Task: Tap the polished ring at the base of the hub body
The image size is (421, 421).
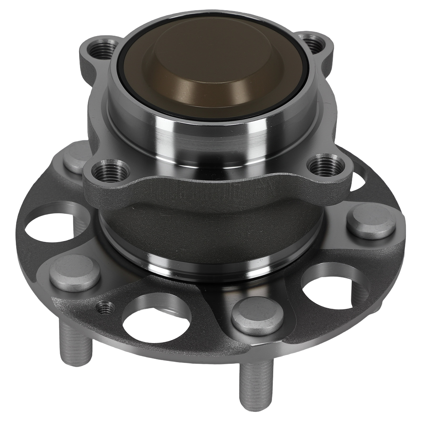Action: point(210,266)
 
